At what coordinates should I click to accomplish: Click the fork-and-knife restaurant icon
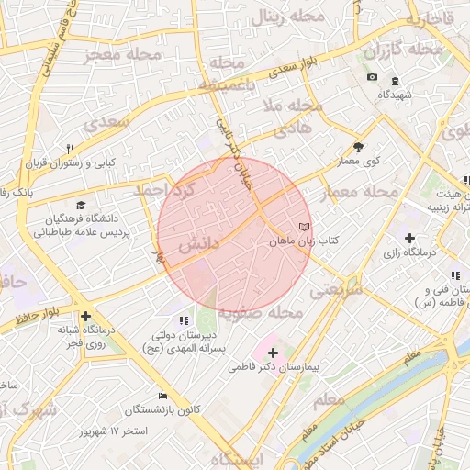tap(70, 149)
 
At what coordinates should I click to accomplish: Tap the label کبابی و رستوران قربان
tap(71, 162)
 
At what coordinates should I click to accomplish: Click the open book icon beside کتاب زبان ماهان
tap(304, 226)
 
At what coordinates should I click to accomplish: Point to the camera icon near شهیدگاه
tap(372, 77)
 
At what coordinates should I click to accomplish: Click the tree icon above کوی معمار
tap(358, 147)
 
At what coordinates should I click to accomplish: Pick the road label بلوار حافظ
tap(38, 318)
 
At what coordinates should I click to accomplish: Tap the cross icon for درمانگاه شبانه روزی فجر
tap(85, 316)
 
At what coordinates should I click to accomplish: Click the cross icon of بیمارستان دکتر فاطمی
tap(273, 352)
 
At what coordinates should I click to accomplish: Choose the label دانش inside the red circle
tap(197, 246)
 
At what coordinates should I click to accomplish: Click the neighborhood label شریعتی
tap(335, 289)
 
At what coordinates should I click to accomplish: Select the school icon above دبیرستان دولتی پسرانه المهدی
tap(184, 320)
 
